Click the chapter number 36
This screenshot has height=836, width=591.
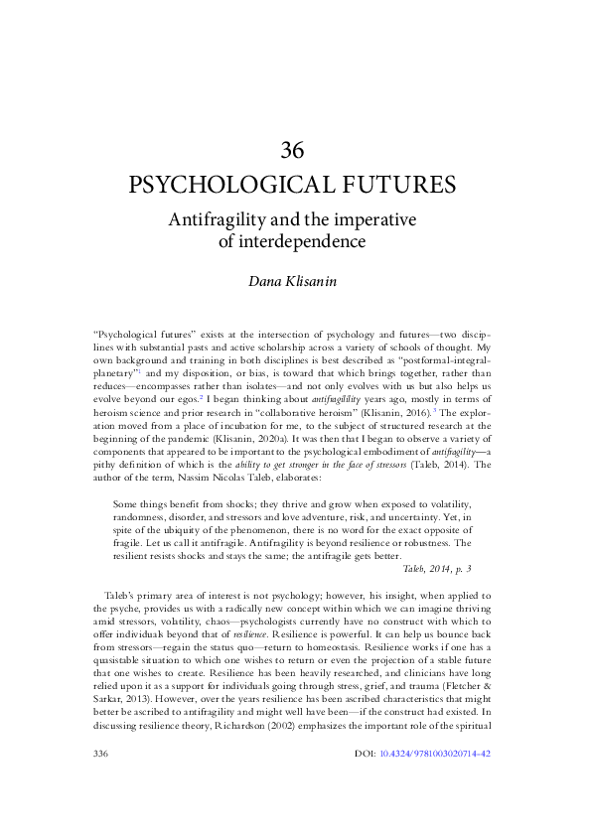292,150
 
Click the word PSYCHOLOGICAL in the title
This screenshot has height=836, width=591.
231,186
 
